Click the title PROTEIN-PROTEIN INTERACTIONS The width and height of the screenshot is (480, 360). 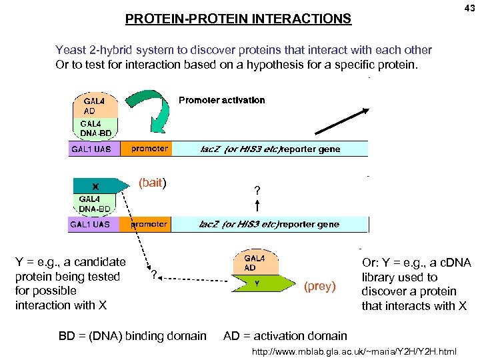pos(238,19)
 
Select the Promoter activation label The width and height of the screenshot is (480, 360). pos(221,100)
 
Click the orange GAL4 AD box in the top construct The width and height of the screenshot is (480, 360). pos(95,106)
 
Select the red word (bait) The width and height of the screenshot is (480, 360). pos(152,183)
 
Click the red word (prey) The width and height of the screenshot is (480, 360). pos(320,287)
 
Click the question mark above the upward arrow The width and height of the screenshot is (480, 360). pos(257,191)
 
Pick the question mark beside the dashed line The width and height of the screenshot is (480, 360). pos(154,275)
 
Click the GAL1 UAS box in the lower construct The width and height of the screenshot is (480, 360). pos(90,225)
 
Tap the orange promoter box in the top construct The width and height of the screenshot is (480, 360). pos(149,149)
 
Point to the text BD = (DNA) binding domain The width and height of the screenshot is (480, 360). pos(133,336)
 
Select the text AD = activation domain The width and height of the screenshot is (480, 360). pos(285,336)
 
